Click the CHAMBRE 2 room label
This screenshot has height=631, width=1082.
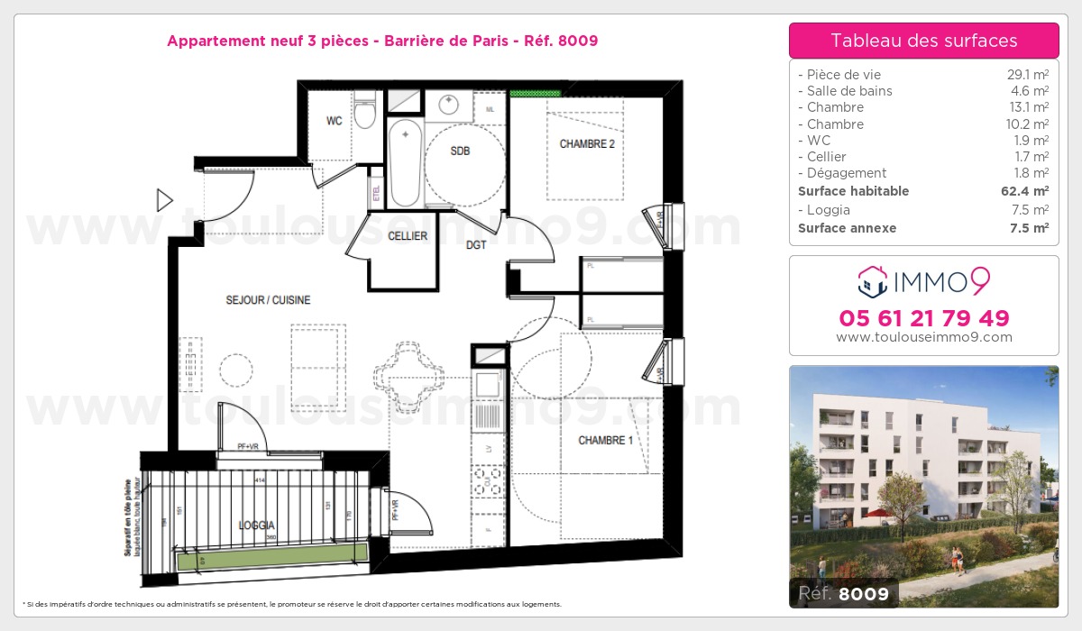[x=587, y=144]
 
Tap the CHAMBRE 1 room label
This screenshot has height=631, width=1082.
[x=605, y=440]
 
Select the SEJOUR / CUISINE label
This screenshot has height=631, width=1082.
[x=269, y=300]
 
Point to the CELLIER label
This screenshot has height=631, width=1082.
[x=407, y=236]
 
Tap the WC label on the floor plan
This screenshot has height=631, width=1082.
[x=334, y=122]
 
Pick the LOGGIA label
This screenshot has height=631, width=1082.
[x=257, y=525]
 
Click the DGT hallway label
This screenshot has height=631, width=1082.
[x=477, y=244]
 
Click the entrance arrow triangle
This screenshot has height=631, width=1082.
[x=164, y=200]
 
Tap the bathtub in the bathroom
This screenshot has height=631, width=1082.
[x=405, y=162]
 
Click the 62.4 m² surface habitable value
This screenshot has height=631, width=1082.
[x=1028, y=191]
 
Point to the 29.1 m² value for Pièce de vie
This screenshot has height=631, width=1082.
[x=1029, y=75]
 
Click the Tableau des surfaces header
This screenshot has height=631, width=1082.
[x=923, y=41]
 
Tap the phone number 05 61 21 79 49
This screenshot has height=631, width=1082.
[x=923, y=318]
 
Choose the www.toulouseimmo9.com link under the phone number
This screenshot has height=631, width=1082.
[x=923, y=337]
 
